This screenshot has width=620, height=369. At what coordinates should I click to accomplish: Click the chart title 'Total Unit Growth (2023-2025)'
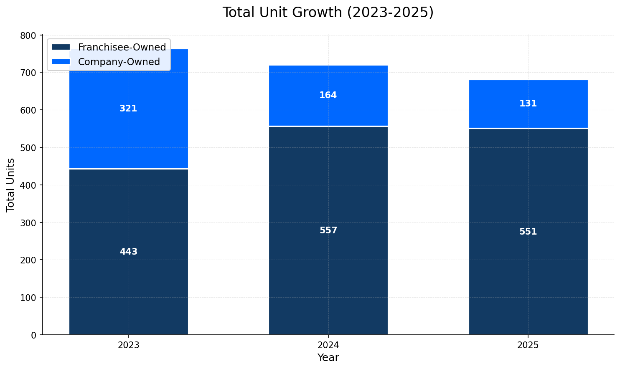pyautogui.click(x=328, y=13)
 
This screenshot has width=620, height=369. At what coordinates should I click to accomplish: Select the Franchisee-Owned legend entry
pyautogui.click(x=122, y=48)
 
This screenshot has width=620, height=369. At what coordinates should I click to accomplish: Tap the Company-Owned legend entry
pyautogui.click(x=119, y=62)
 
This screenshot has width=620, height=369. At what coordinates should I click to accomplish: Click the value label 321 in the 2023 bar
pyautogui.click(x=128, y=109)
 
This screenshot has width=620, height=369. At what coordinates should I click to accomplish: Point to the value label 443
pyautogui.click(x=128, y=252)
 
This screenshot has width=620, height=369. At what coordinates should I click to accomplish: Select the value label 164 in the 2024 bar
pyautogui.click(x=328, y=96)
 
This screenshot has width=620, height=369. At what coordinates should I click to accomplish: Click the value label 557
pyautogui.click(x=328, y=231)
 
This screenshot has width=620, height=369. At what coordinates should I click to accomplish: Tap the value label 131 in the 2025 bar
pyautogui.click(x=528, y=104)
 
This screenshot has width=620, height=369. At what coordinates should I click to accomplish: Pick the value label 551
pyautogui.click(x=528, y=232)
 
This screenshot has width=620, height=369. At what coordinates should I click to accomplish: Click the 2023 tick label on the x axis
pyautogui.click(x=128, y=346)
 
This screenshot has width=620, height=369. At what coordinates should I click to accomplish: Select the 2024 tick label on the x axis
pyautogui.click(x=328, y=346)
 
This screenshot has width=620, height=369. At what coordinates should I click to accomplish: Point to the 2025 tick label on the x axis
pyautogui.click(x=528, y=346)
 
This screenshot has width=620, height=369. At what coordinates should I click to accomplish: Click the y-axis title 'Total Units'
pyautogui.click(x=11, y=185)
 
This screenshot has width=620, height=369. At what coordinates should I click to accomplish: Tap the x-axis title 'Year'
pyautogui.click(x=328, y=358)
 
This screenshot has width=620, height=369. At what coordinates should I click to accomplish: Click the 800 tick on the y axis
pyautogui.click(x=28, y=35)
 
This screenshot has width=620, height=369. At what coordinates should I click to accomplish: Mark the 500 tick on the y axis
pyautogui.click(x=28, y=148)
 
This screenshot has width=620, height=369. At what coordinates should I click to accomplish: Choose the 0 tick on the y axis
pyautogui.click(x=33, y=335)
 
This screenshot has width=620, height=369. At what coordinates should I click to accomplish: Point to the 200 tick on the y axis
pyautogui.click(x=28, y=260)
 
